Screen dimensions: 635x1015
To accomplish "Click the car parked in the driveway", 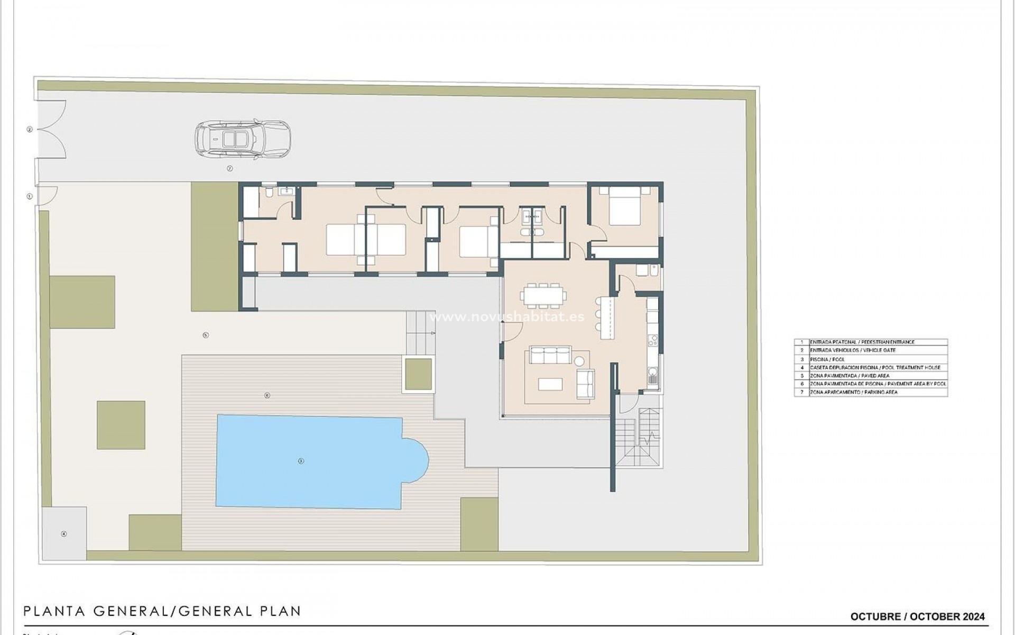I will (243, 140).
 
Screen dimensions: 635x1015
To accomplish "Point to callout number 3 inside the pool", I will (301, 461).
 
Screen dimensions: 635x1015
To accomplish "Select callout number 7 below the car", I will (230, 168).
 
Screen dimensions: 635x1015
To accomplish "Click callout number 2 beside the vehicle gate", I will (30, 129).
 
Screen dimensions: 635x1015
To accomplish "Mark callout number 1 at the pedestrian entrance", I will (30, 196).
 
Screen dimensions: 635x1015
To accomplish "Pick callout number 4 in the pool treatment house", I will (64, 534).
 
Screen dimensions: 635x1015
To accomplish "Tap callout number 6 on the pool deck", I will (267, 395).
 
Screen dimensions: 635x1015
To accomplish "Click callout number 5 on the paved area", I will (206, 335).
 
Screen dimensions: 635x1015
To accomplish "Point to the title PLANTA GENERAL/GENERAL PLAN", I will (162, 611).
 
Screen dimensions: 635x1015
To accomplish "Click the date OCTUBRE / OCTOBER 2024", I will (917, 616).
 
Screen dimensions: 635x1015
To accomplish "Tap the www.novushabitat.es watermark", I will (508, 317).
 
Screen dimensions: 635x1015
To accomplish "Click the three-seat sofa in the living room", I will (551, 355).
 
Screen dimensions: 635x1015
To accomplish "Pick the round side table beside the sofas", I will (579, 362).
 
